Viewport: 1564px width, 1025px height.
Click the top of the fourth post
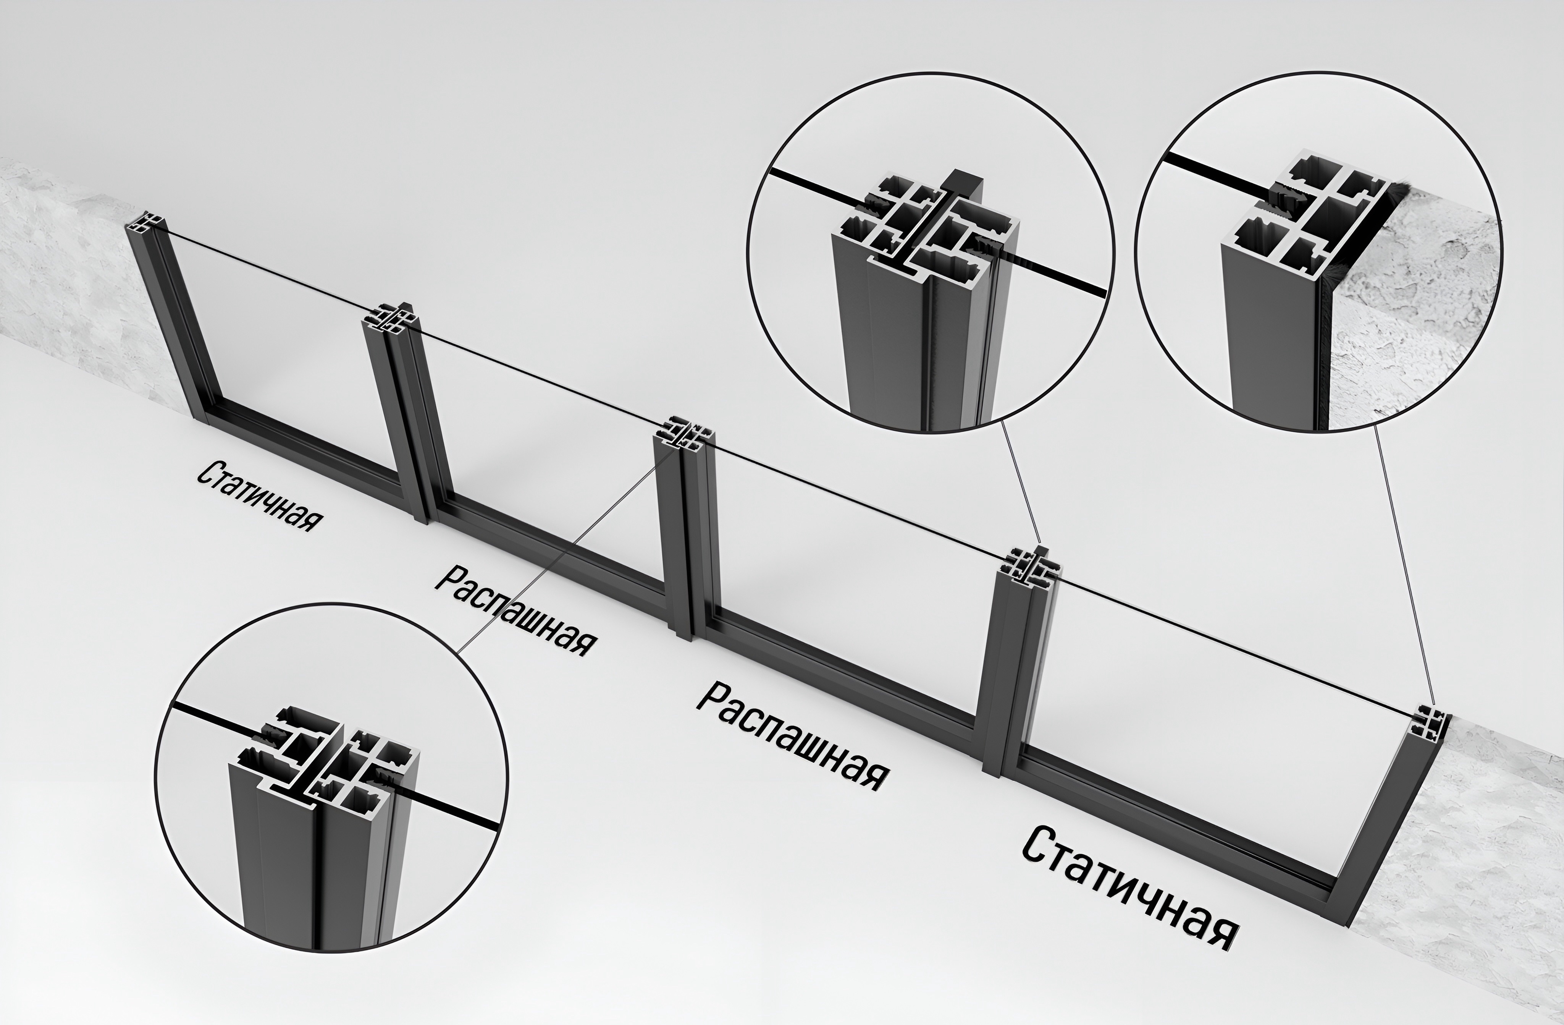[x=1029, y=567]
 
